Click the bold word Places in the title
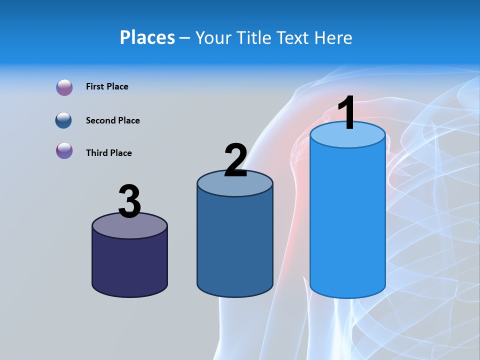(147, 37)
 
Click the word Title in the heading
(253, 37)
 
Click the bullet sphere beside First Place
(64, 87)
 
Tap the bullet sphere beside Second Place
(64, 120)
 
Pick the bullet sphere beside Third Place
(64, 150)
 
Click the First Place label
(107, 86)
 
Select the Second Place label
(112, 120)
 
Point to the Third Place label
(108, 153)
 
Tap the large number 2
(235, 160)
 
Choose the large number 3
(129, 201)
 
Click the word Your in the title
(213, 37)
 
